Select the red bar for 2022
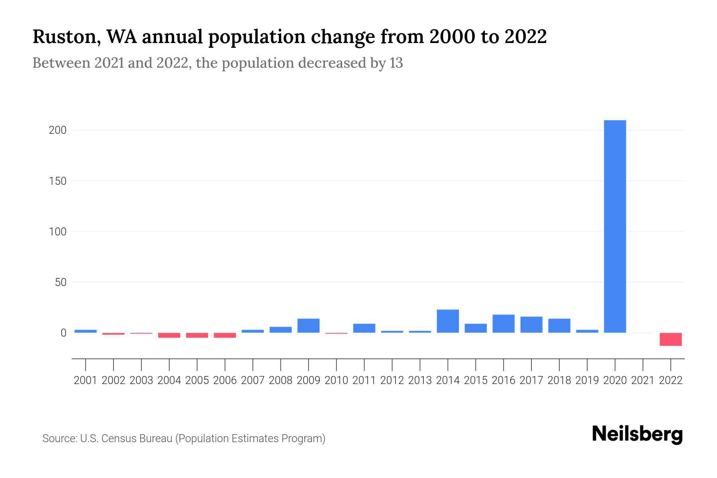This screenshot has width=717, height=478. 671,339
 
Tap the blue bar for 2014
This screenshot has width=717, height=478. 448,321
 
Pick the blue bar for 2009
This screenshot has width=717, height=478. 308,325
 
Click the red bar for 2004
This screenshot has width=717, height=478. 169,335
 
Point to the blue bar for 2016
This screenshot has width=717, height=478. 503,323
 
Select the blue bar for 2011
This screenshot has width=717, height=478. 364,328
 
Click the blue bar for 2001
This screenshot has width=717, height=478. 86,331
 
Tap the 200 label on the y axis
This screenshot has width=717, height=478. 57,130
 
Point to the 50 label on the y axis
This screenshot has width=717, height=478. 61,282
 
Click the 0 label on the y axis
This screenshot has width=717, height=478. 63,333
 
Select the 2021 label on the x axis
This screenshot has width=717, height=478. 643,380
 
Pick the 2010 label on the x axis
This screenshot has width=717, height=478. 336,380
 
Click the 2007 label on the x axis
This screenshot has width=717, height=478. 253,380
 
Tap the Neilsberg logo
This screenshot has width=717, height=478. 637,434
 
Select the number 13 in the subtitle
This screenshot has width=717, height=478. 396,63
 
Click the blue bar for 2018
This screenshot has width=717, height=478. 559,325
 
